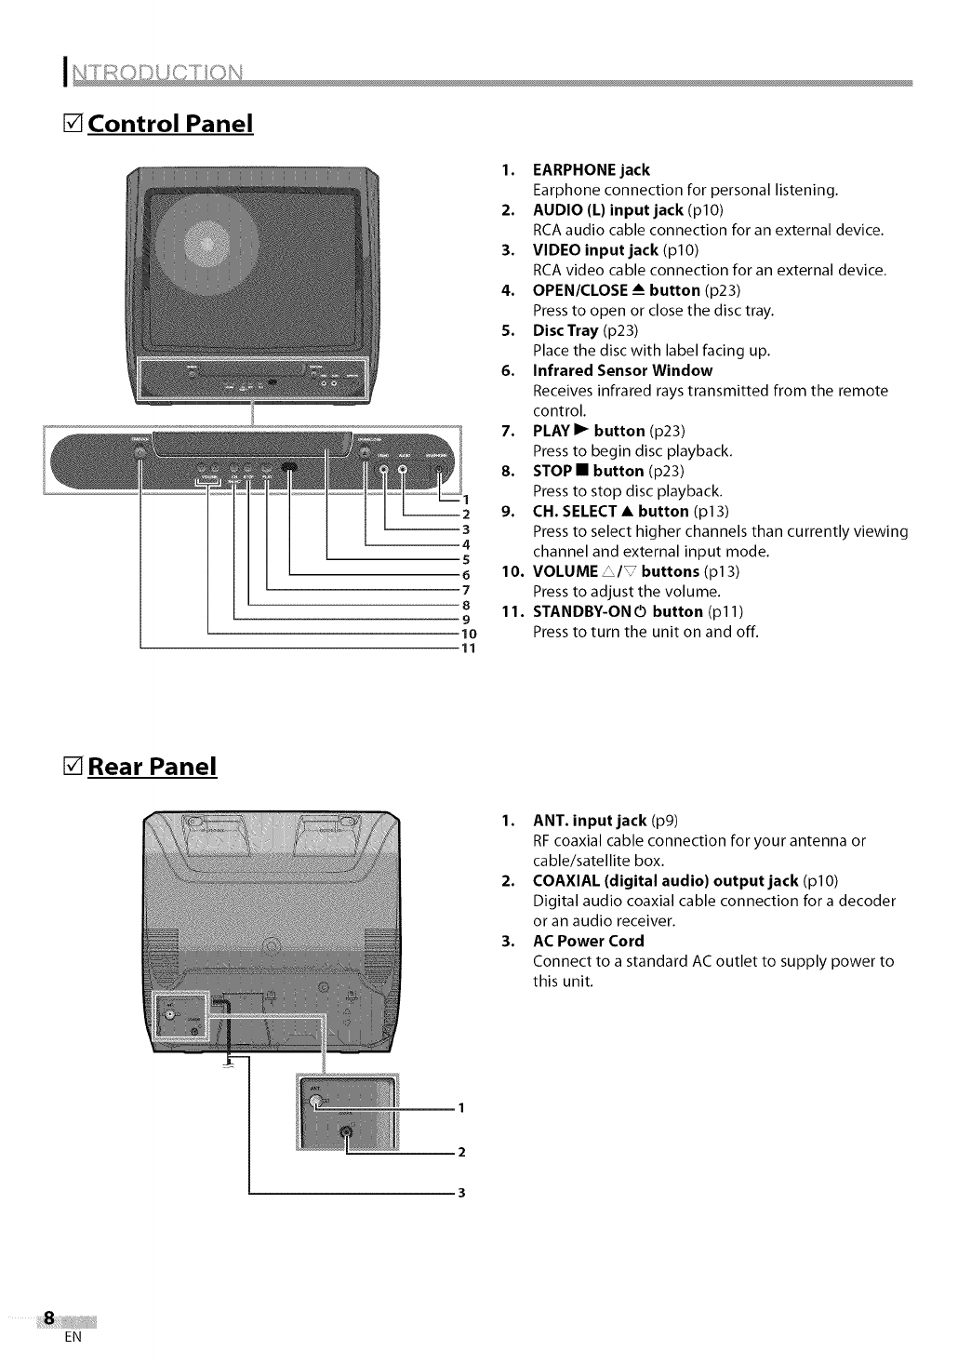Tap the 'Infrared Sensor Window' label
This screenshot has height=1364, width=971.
pos(622,370)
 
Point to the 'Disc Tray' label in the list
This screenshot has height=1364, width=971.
pos(565,330)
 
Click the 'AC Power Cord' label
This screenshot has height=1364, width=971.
pos(588,941)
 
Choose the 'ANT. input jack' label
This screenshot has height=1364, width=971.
pos(589,820)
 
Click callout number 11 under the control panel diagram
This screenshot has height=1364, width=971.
pos(468,649)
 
